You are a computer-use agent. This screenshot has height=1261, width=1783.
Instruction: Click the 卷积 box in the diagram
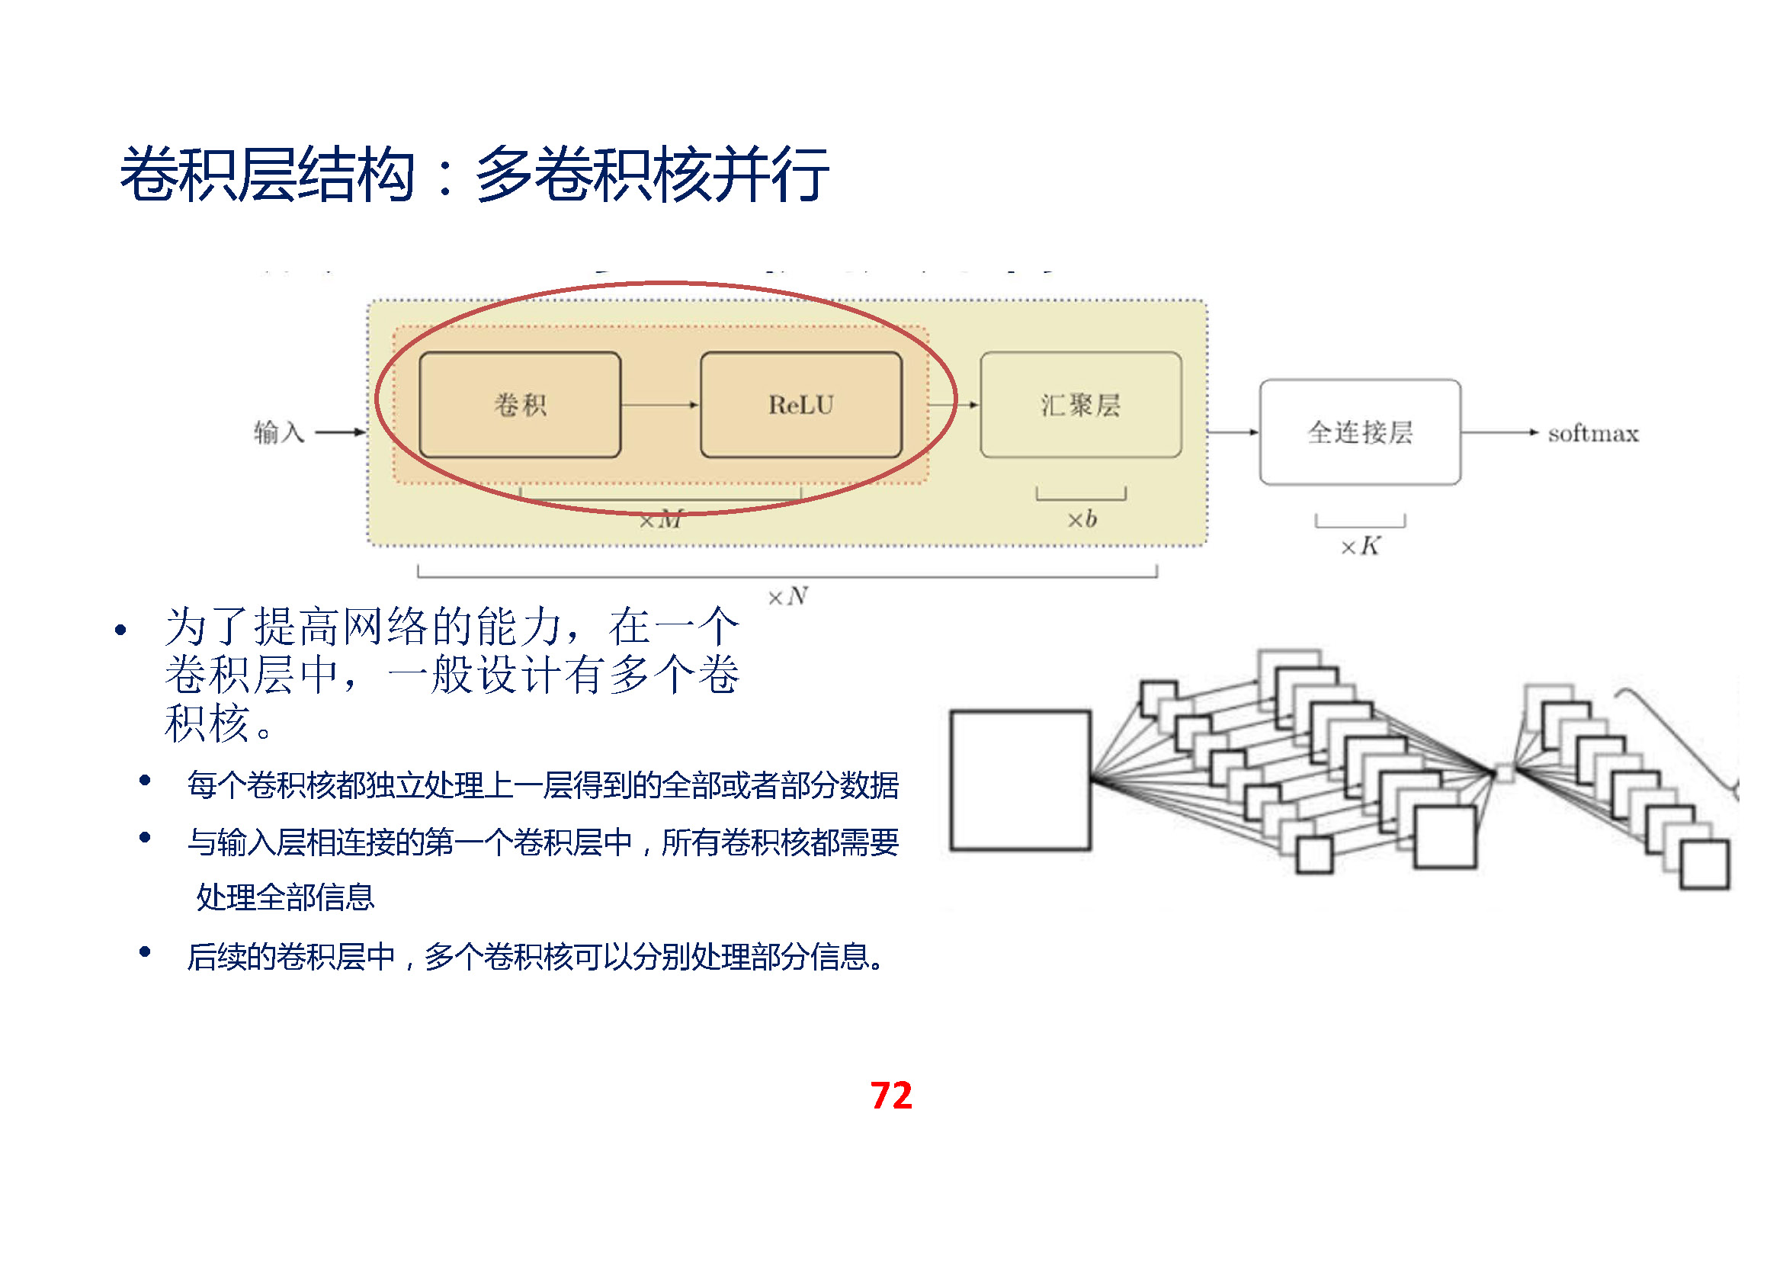point(520,405)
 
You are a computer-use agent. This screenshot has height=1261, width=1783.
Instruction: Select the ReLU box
point(800,405)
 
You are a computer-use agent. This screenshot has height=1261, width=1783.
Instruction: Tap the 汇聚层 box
point(1080,405)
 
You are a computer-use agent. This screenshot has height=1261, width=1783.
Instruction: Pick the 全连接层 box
point(1360,432)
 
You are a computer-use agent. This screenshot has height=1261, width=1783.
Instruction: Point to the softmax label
point(1592,433)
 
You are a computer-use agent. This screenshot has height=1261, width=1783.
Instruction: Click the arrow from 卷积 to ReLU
point(660,405)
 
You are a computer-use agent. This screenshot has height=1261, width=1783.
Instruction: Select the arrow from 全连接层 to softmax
point(1499,432)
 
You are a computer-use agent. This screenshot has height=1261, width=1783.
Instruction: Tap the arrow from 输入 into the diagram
point(339,432)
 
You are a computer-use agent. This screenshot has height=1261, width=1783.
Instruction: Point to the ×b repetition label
point(1082,518)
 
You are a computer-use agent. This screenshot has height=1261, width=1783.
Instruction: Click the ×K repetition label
point(1360,546)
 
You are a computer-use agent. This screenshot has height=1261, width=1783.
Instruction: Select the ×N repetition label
point(787,596)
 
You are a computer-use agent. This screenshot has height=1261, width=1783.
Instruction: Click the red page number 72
point(890,1095)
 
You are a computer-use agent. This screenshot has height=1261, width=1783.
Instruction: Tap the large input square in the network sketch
point(1020,780)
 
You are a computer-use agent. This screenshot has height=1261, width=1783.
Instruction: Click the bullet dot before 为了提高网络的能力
point(120,630)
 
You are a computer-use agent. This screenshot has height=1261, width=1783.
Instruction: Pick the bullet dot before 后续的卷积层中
point(144,952)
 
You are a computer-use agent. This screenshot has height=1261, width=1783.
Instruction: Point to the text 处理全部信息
point(285,897)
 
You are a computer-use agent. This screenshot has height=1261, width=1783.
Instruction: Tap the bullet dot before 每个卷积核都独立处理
point(144,781)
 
